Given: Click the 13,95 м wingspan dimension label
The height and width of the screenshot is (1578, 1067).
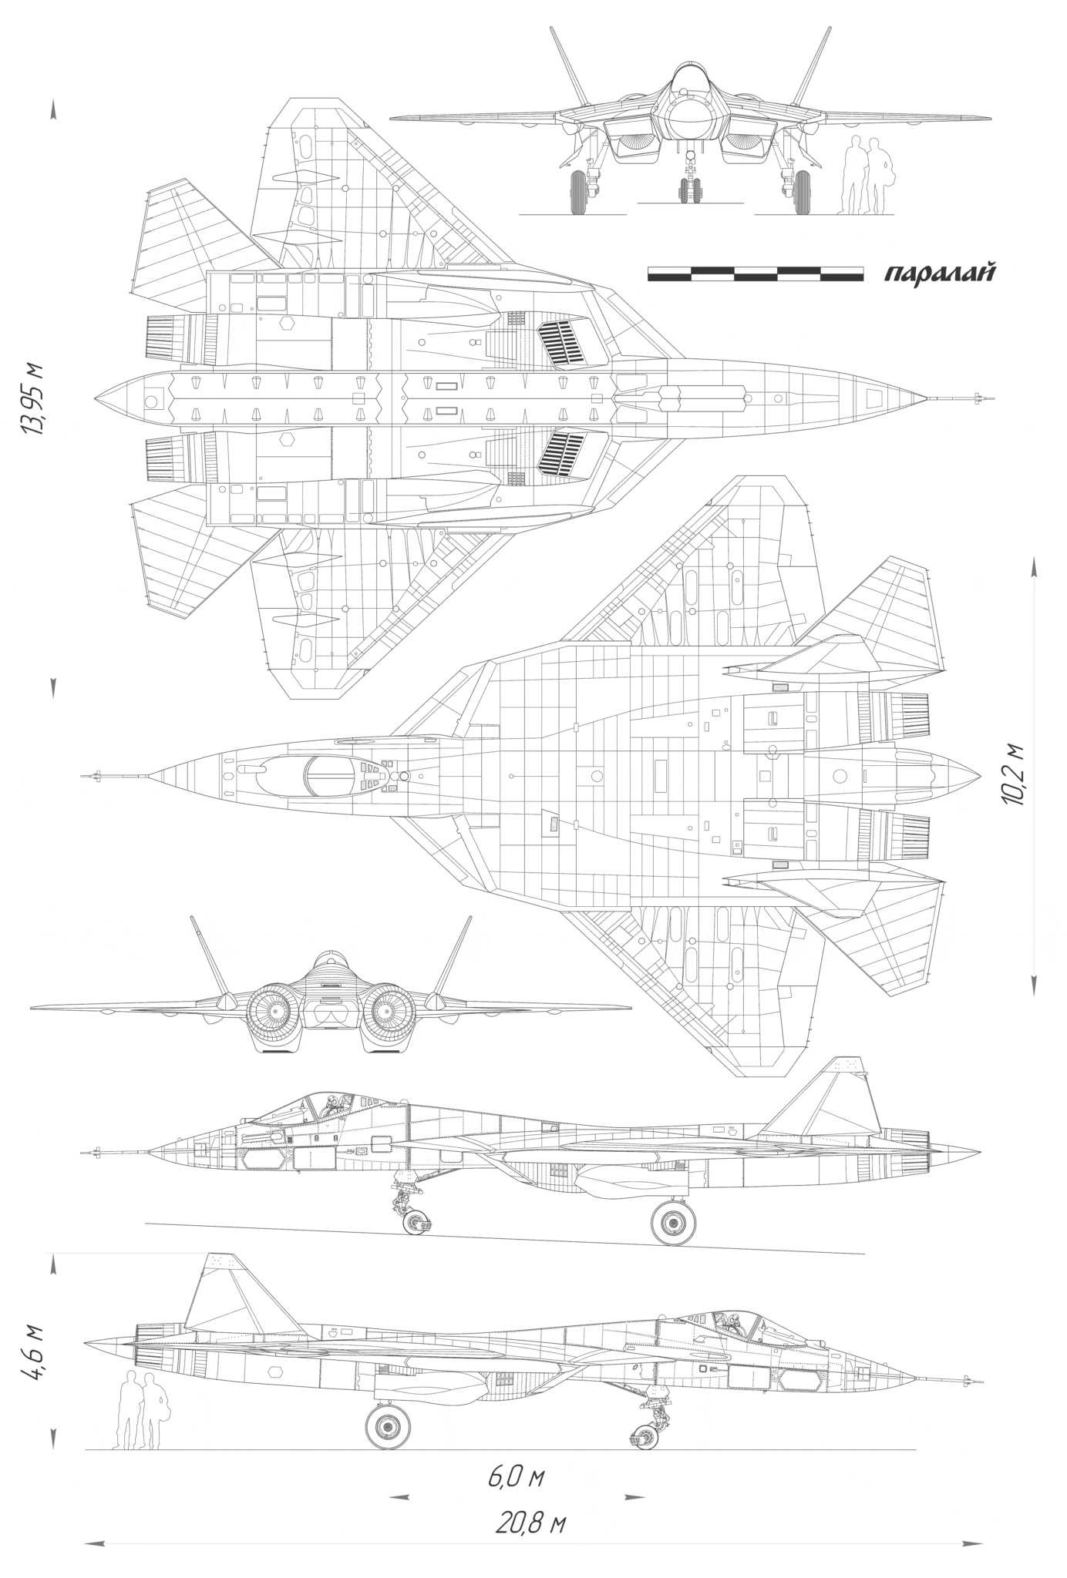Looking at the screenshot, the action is coord(35,398).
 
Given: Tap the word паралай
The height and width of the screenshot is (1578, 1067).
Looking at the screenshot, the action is coord(937,274).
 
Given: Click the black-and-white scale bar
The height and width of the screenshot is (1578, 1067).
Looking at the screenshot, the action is coord(756,274).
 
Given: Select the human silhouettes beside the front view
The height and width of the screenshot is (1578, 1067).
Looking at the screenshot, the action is coord(867,175).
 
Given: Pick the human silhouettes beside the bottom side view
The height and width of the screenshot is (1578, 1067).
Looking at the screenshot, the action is coord(142,1409).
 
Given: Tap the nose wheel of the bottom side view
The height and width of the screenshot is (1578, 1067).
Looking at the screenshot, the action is coord(645,1435).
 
